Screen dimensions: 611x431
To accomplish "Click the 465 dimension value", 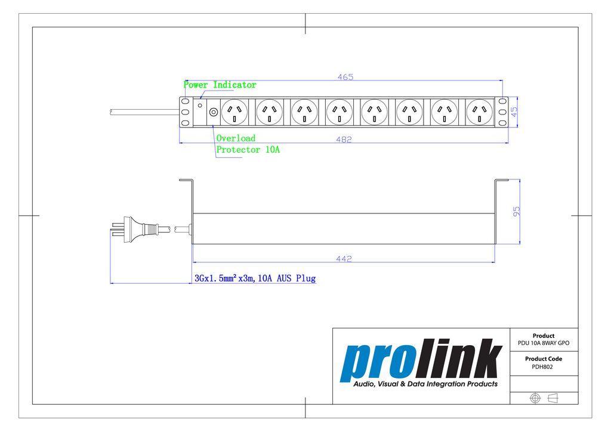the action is click(345, 77).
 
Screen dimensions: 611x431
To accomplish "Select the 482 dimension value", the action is click(344, 139).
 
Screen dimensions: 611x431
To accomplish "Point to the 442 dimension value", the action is click(344, 259).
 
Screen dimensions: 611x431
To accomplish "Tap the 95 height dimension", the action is click(516, 212).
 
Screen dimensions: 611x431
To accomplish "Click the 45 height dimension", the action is click(514, 111).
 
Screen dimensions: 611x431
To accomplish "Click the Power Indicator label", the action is click(220, 85).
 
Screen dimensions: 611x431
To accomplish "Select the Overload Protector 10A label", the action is click(248, 144).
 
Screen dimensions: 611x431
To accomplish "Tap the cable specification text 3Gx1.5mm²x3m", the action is click(225, 278).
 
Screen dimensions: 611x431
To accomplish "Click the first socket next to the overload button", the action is click(234, 112).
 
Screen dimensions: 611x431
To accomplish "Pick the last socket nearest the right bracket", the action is click(479, 112).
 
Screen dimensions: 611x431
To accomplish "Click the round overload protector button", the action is click(213, 112).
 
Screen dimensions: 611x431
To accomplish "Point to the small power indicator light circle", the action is click(200, 106).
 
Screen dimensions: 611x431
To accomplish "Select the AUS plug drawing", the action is click(140, 230).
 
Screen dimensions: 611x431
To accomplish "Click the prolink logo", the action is click(421, 360).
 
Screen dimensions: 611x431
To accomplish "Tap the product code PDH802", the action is click(542, 367).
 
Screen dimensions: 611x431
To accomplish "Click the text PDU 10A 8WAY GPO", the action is click(543, 343).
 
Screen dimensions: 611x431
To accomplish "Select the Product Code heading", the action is click(543, 359).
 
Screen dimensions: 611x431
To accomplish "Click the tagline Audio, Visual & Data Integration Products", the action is click(425, 384).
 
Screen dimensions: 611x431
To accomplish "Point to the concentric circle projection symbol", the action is click(535, 398).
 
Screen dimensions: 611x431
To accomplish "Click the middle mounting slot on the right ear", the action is click(502, 112).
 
